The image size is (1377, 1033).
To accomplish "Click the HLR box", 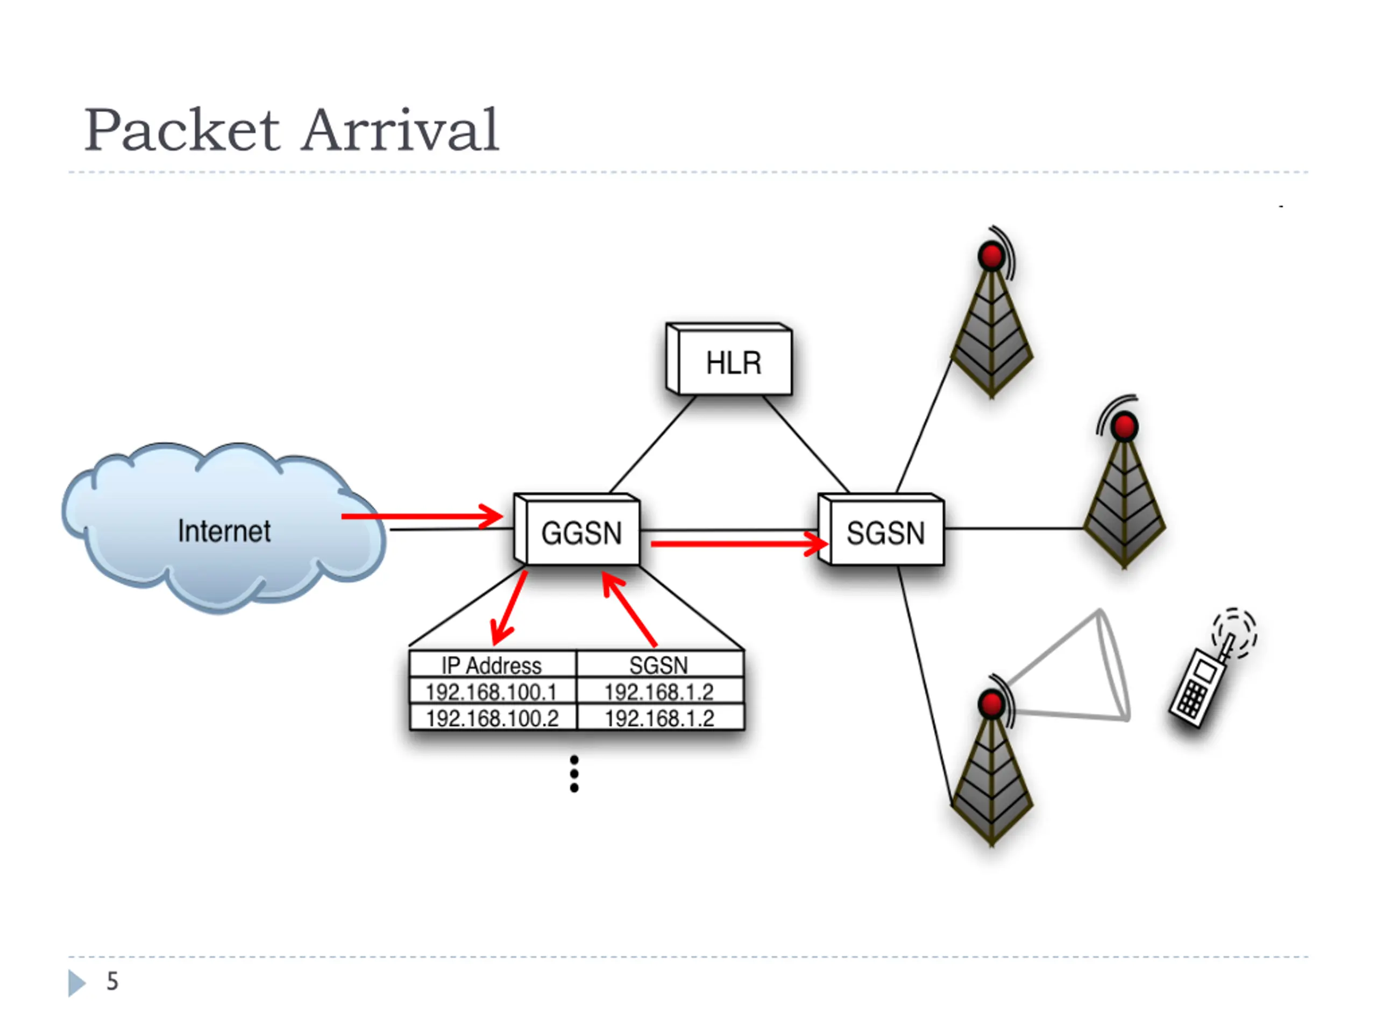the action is (729, 359).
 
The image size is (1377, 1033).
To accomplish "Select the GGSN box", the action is (577, 529).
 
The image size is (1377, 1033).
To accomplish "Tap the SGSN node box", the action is (881, 529).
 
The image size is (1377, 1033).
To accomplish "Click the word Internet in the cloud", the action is (224, 531).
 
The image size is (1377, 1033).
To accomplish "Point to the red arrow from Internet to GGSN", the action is (422, 516).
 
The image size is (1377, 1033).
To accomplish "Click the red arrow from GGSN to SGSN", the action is (740, 543).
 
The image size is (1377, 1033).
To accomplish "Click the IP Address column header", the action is (492, 666).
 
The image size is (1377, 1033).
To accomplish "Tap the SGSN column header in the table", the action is (658, 666).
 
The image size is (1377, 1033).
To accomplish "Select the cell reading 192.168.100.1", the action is (492, 692).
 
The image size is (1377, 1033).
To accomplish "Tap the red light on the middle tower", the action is (1124, 427).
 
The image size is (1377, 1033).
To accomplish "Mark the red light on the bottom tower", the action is (991, 704).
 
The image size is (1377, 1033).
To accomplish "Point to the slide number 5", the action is (112, 981).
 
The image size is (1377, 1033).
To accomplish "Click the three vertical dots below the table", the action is (574, 774).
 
